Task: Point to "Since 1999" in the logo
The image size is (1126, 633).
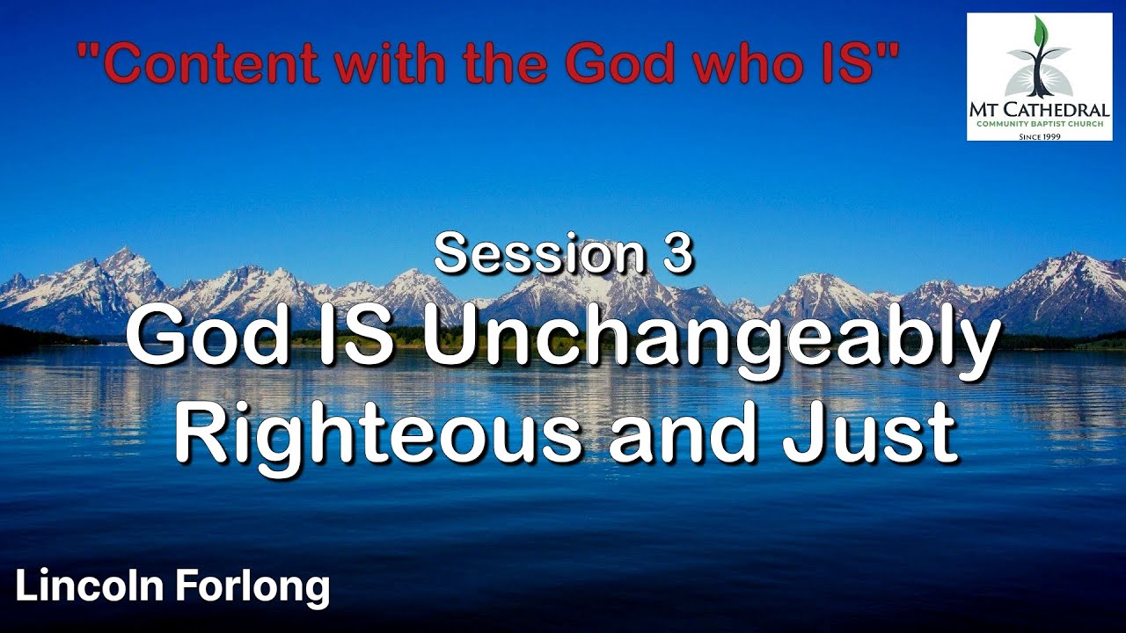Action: click(x=1039, y=136)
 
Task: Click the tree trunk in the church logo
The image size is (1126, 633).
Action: click(x=1039, y=75)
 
